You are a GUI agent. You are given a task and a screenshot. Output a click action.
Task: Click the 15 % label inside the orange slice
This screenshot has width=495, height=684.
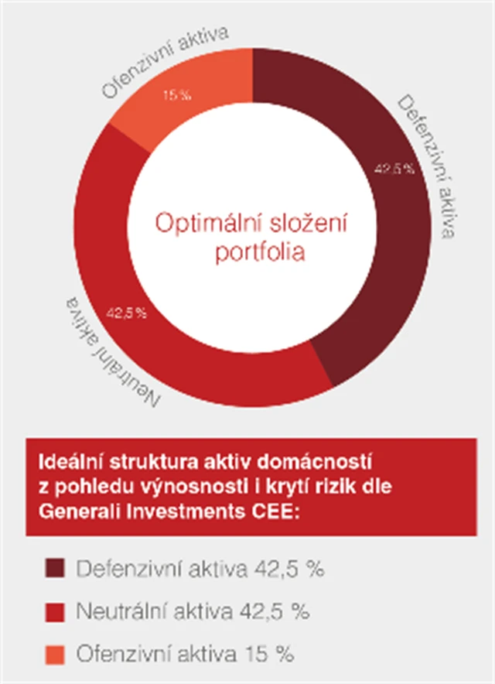pos(176,96)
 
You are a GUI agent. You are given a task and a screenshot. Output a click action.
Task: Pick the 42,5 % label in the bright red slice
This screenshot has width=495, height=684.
pos(125,313)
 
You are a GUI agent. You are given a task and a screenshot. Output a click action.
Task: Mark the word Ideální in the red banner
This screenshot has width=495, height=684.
pos(67,463)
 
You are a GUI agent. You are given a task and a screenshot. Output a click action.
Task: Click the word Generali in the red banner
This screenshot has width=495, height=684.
pos(77,508)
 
